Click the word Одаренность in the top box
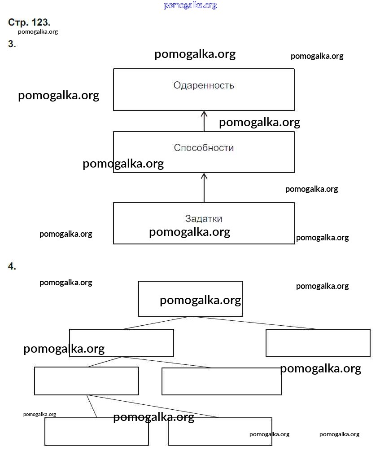pos(204,85)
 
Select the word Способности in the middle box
pos(204,148)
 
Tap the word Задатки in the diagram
pos(204,219)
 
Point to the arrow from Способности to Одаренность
pos(204,120)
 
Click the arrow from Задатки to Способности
pos(204,187)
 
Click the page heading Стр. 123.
pos(29,22)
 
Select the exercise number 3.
pos(12,44)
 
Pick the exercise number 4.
pos(12,266)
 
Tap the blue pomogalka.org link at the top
pos(190,5)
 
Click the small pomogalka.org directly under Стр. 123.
pos(38,32)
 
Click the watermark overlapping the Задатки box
pos(189,232)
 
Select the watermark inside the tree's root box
pos(200,300)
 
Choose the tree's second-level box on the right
pos(318,343)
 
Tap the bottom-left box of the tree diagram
pos(96,431)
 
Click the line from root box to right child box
pos(253,323)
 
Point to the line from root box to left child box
pos(157,323)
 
